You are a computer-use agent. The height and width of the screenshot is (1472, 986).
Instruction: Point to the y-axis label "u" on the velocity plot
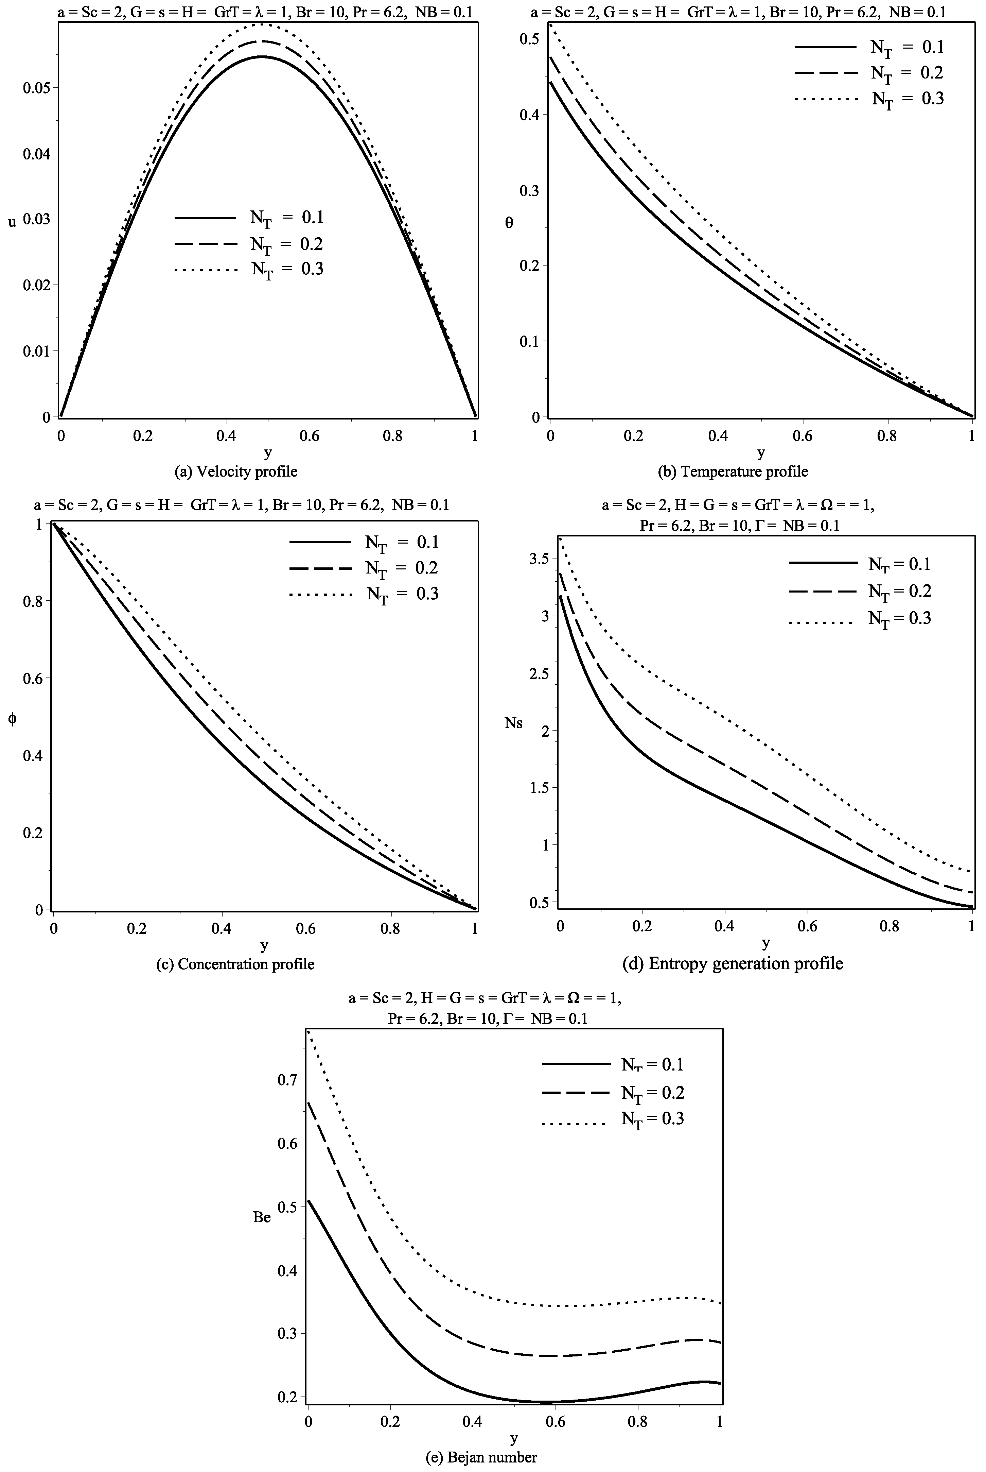click(12, 221)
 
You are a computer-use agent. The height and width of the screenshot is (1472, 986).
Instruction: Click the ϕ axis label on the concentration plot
click(12, 720)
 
